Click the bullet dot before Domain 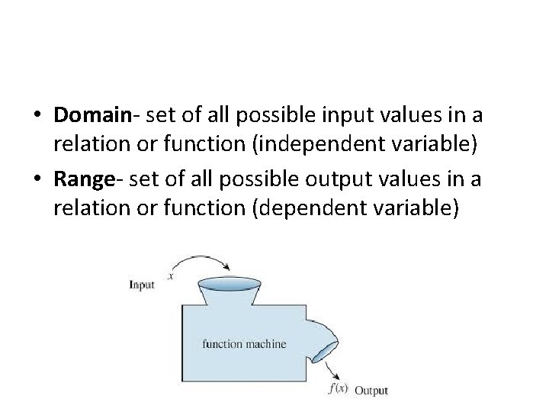coord(37,117)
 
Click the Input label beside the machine coord(141,285)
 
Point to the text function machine coord(243,343)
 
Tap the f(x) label coord(337,388)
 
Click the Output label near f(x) coord(371,390)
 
